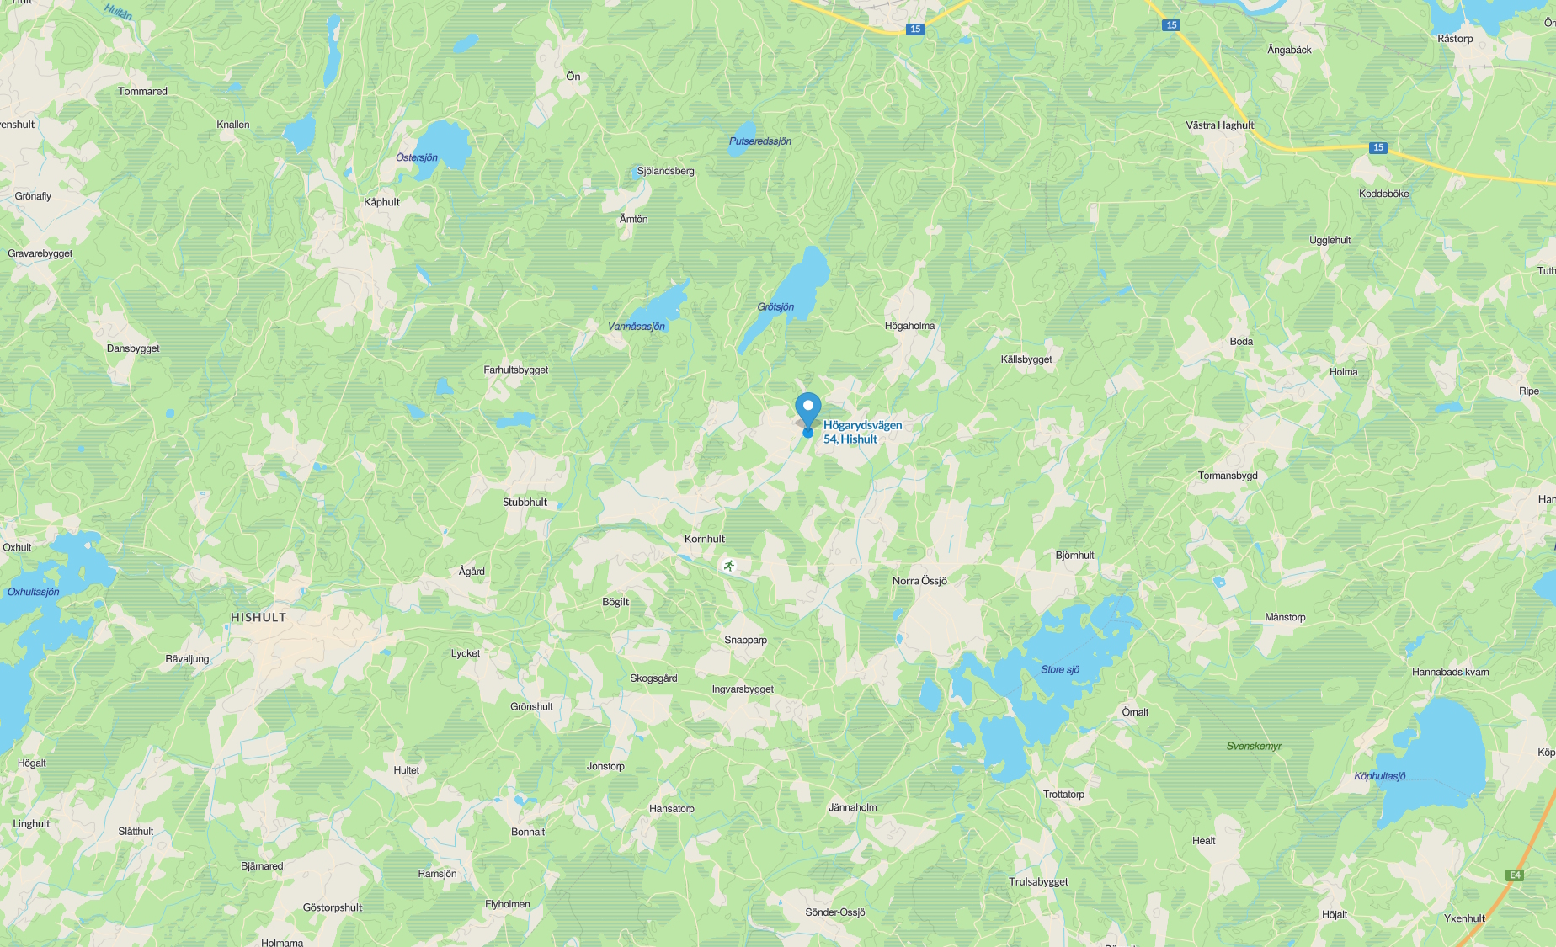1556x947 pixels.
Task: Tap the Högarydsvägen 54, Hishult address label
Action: pos(862,432)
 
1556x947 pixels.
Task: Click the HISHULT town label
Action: pos(258,617)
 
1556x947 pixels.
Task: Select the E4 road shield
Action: pos(1515,875)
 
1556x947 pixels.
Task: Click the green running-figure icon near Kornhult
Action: pos(729,566)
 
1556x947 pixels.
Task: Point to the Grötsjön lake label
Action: pos(775,307)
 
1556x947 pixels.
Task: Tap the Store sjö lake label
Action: pos(1060,670)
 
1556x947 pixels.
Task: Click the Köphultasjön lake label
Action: pos(1380,776)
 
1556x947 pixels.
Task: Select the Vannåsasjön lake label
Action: pos(637,327)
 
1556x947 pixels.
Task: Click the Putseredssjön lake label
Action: pos(760,141)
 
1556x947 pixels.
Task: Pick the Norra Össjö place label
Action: pos(919,581)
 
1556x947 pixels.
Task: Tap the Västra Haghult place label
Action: pos(1220,125)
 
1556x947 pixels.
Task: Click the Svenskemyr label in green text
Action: pos(1254,746)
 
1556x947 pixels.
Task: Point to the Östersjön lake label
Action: pos(417,157)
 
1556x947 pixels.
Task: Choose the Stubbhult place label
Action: pos(525,503)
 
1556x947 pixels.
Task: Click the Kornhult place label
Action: pos(705,539)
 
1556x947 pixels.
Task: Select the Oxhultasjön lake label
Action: pos(34,592)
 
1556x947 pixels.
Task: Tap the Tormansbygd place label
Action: pos(1228,476)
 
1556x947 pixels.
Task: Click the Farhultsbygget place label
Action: pos(516,370)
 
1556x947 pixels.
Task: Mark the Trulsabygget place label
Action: pos(1038,882)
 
